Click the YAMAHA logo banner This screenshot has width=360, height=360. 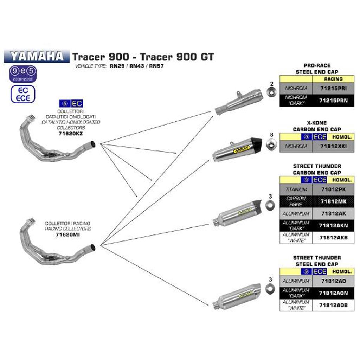(37, 56)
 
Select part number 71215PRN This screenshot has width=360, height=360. (333, 101)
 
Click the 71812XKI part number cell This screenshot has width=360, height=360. (333, 146)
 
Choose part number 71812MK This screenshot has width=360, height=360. (333, 201)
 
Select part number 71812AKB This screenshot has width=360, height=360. (333, 237)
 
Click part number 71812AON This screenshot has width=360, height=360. (333, 293)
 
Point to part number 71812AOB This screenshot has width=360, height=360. (333, 305)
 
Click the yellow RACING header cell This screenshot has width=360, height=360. (333, 79)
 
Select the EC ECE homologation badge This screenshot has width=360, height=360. (23, 94)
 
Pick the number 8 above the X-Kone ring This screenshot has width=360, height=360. (271, 134)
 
